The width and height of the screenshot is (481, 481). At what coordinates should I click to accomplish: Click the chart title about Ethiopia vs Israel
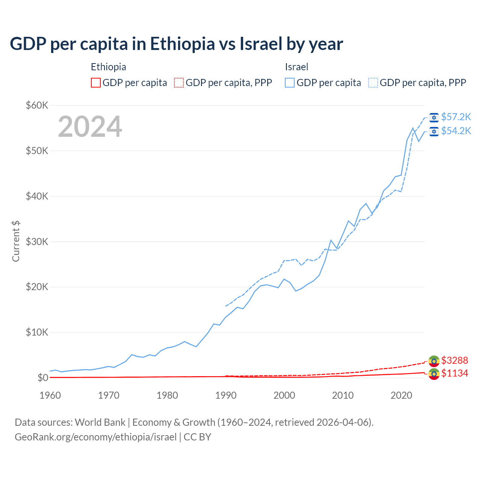(x=176, y=44)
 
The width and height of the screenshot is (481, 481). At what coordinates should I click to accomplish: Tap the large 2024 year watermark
(x=90, y=127)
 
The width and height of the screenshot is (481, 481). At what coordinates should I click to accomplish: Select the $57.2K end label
(x=456, y=117)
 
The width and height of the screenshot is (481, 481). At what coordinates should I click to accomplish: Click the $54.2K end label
(x=456, y=131)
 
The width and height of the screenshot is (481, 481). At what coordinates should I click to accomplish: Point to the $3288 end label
(x=454, y=361)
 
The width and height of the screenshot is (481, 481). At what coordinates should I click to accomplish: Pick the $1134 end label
(x=454, y=374)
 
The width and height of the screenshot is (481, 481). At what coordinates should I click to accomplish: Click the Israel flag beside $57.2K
(x=434, y=118)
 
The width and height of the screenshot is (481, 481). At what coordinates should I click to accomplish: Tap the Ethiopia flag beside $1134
(x=434, y=374)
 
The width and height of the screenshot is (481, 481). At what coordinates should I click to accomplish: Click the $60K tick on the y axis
(x=37, y=105)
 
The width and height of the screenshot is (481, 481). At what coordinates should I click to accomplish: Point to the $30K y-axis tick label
(x=37, y=242)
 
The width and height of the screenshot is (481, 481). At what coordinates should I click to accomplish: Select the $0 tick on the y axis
(x=43, y=378)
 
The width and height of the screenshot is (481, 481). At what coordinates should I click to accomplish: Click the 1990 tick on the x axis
(x=226, y=395)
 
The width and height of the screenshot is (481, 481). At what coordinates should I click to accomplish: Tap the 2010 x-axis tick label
(x=343, y=395)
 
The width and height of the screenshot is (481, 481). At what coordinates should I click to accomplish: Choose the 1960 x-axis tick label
(x=50, y=395)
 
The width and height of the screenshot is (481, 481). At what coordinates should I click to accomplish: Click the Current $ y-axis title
(x=16, y=241)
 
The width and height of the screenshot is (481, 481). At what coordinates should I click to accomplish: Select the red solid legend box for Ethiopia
(x=96, y=83)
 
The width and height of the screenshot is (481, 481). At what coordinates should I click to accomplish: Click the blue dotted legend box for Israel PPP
(x=373, y=83)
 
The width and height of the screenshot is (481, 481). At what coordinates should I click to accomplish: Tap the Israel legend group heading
(x=296, y=67)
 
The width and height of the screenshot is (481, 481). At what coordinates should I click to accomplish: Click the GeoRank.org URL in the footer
(x=95, y=437)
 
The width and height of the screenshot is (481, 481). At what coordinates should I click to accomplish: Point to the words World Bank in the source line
(x=100, y=422)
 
